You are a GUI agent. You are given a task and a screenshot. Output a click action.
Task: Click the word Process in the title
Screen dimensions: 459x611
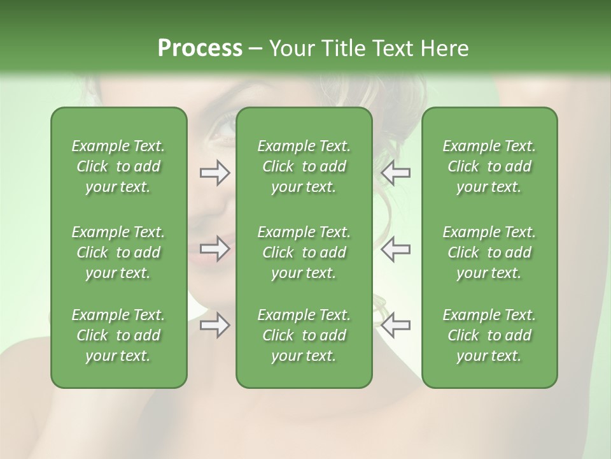click(x=200, y=48)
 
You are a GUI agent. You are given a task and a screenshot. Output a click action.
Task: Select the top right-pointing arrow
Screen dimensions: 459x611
click(x=214, y=173)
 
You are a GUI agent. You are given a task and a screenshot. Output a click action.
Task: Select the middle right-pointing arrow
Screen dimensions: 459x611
click(x=214, y=249)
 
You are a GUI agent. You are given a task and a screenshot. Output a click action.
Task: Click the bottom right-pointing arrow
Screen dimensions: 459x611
click(x=214, y=325)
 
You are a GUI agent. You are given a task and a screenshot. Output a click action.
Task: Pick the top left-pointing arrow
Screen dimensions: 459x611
click(x=395, y=173)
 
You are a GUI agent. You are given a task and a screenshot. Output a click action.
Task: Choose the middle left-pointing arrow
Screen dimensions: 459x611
click(x=395, y=249)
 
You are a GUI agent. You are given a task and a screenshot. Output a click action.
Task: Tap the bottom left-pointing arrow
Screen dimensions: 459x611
click(x=395, y=325)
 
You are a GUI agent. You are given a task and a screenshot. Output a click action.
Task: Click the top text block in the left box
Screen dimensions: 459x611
click(x=118, y=166)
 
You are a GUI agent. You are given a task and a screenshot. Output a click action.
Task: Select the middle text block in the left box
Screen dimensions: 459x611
click(x=118, y=252)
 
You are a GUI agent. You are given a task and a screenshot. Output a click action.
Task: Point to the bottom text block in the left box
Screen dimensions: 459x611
click(x=118, y=335)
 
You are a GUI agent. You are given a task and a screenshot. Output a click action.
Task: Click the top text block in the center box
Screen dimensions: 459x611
click(x=304, y=166)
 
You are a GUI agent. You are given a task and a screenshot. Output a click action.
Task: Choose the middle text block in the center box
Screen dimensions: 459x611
click(x=304, y=252)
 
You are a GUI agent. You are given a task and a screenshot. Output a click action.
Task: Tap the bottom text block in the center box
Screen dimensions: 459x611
click(x=304, y=335)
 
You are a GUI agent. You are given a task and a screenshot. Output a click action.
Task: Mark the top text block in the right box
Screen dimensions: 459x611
click(x=489, y=166)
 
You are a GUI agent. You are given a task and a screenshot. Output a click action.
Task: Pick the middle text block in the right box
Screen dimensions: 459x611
click(x=489, y=252)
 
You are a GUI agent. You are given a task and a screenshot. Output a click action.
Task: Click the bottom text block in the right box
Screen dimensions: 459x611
click(x=489, y=335)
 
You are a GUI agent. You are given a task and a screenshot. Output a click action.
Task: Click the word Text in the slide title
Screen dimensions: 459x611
click(x=393, y=48)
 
